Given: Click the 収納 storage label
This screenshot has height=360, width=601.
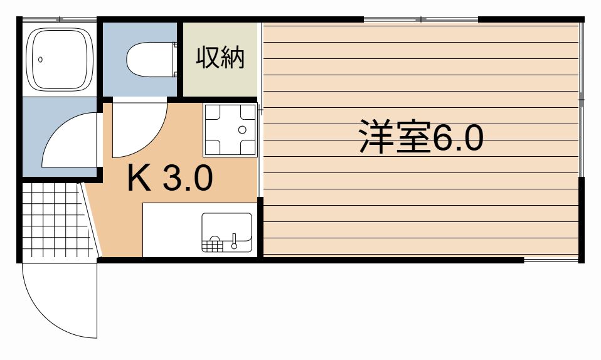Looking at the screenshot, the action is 220,58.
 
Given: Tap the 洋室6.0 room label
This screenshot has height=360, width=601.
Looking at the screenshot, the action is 421,137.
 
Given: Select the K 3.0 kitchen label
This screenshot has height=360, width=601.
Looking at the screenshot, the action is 170,177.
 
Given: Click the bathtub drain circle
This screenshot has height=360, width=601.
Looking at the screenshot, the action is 40,60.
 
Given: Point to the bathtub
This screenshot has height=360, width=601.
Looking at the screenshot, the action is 60,59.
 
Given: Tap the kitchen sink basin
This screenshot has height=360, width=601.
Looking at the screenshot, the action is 227,232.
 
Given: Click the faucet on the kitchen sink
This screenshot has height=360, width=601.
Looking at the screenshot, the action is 234,241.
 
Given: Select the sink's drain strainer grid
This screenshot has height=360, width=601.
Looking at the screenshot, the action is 212,244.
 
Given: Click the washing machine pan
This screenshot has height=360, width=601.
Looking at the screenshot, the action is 230,130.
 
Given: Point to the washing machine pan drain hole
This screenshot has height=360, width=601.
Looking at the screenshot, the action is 242,130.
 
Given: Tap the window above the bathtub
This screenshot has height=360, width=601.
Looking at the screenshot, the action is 59,19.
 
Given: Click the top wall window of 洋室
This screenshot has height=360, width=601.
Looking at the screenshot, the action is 421,19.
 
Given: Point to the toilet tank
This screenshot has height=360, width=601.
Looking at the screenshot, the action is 175,60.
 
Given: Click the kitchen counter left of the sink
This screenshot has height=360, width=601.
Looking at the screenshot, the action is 172,230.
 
